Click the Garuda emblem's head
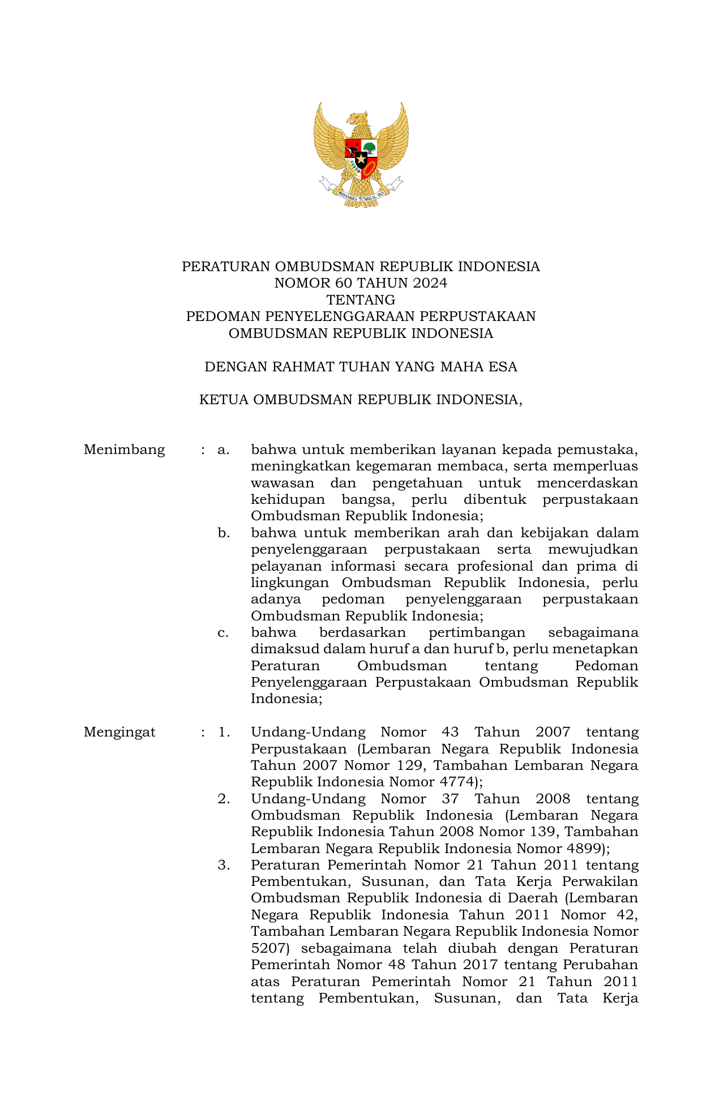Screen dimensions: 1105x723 pos(358,119)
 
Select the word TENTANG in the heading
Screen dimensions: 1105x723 pos(361,299)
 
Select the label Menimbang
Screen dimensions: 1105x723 pos(124,450)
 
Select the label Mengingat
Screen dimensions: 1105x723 pos(119,732)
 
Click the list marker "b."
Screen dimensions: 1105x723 pos(224,533)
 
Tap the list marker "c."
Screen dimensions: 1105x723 pos(223,632)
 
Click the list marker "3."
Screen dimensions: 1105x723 pos(224,865)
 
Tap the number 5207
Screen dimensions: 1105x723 pos(269,948)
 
